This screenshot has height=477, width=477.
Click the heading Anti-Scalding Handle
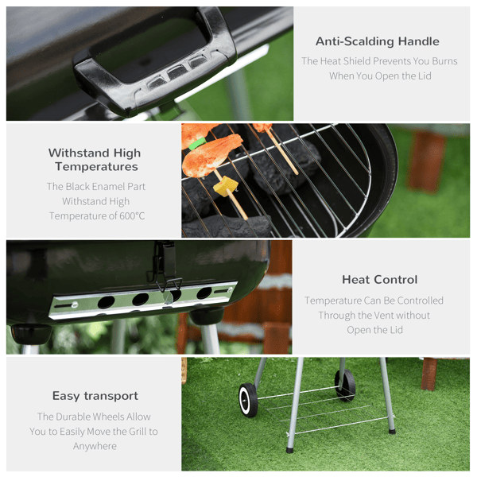tap(377, 41)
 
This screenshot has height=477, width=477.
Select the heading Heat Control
tap(380, 280)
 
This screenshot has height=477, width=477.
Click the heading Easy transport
tap(95, 396)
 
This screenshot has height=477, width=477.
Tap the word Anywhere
tap(95, 446)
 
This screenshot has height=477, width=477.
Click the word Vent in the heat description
tap(386, 316)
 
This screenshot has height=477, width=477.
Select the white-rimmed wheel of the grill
tap(248, 400)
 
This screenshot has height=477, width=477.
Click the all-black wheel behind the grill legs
tap(345, 384)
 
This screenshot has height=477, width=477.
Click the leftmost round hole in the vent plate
tap(107, 301)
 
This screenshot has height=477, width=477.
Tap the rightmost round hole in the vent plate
tap(204, 293)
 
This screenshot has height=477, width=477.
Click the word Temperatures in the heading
tap(96, 167)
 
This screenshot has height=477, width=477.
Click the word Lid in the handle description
tap(425, 76)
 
